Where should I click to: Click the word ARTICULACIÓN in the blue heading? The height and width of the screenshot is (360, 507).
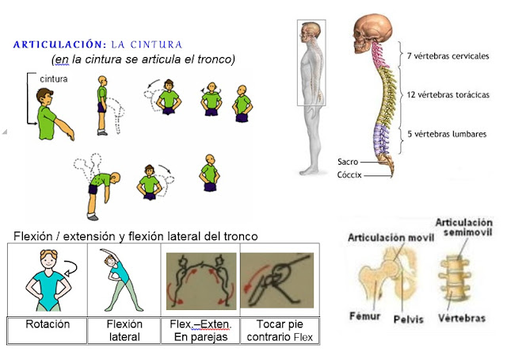pos(59,44)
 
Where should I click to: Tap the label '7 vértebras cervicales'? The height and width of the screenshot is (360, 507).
pos(446,56)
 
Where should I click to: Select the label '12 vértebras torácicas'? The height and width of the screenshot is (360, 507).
pos(447,95)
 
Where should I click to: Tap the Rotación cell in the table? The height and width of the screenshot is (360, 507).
pos(48,324)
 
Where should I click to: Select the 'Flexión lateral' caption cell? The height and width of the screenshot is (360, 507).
pos(124,330)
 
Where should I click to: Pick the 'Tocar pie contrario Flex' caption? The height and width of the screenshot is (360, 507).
pos(279,331)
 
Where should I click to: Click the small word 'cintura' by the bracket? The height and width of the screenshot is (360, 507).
pos(53,79)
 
